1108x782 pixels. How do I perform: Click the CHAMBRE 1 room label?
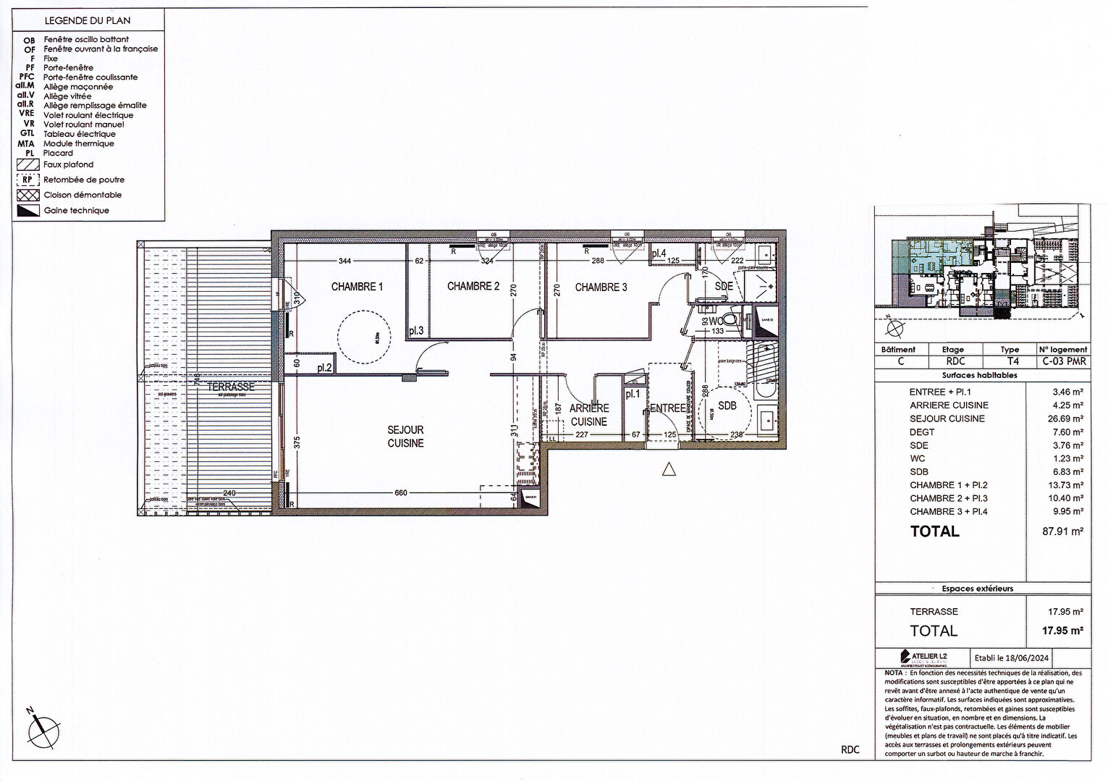[357, 287]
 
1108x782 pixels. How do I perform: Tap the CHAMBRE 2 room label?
[473, 287]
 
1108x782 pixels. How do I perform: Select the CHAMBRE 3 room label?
[601, 287]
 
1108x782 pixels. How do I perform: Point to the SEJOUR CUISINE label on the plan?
[405, 437]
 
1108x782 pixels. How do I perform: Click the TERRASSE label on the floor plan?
[231, 387]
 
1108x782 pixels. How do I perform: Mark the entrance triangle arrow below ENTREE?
[669, 470]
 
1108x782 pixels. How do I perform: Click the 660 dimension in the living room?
[401, 493]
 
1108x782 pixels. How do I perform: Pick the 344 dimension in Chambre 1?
[344, 261]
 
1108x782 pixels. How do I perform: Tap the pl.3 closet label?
[415, 331]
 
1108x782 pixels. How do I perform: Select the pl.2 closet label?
[324, 368]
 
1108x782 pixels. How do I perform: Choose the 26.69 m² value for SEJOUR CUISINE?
[1067, 419]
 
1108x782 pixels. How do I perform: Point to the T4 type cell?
[1012, 361]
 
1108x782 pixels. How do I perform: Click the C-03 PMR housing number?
[1064, 361]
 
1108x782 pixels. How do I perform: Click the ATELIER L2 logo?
[923, 657]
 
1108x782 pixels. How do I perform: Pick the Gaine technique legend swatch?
[28, 211]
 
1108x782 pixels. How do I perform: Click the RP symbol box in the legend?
[28, 180]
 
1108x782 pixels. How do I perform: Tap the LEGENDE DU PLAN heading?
[88, 21]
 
